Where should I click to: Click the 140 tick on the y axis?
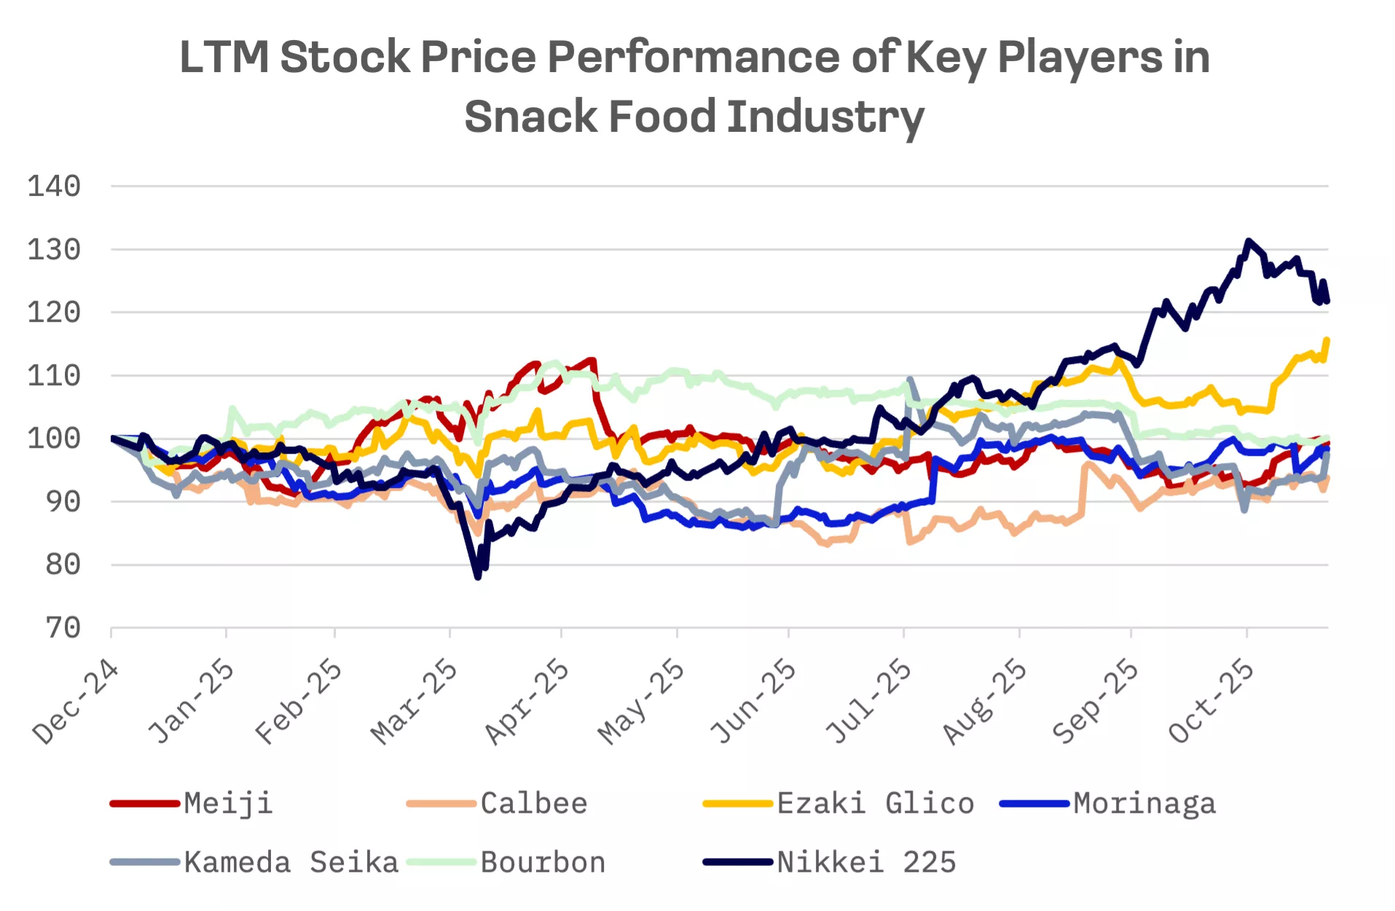click(54, 186)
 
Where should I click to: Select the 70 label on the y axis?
click(63, 627)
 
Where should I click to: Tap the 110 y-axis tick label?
click(54, 376)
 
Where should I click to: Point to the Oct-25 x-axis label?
click(1211, 701)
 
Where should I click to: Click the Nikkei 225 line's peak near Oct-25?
click(1249, 241)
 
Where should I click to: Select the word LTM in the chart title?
click(224, 57)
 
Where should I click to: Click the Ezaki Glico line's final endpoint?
click(1327, 339)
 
